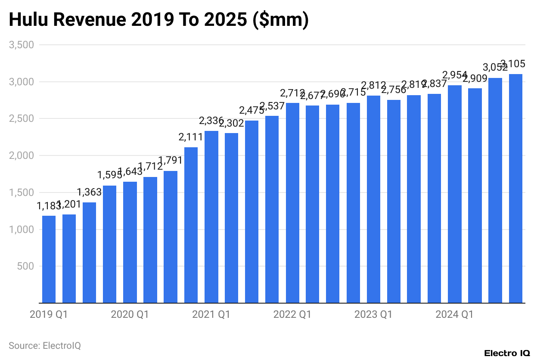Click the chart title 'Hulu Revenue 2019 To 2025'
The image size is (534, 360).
coord(158,20)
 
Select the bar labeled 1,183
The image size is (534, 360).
coord(49,259)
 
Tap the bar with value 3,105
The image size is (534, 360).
coord(515,189)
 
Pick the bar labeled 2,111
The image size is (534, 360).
coord(191,225)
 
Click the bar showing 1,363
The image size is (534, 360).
coord(89,253)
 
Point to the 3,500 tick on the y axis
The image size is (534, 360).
coord(22,45)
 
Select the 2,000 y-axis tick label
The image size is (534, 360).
coord(22,155)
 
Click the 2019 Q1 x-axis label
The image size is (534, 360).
coord(49,315)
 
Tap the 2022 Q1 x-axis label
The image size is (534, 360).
coord(292,315)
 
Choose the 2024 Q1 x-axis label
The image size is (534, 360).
coord(454,315)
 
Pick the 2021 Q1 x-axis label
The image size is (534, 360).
coord(211,315)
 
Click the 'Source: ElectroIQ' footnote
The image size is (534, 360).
coord(45,345)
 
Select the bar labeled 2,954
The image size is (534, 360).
coord(455,194)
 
